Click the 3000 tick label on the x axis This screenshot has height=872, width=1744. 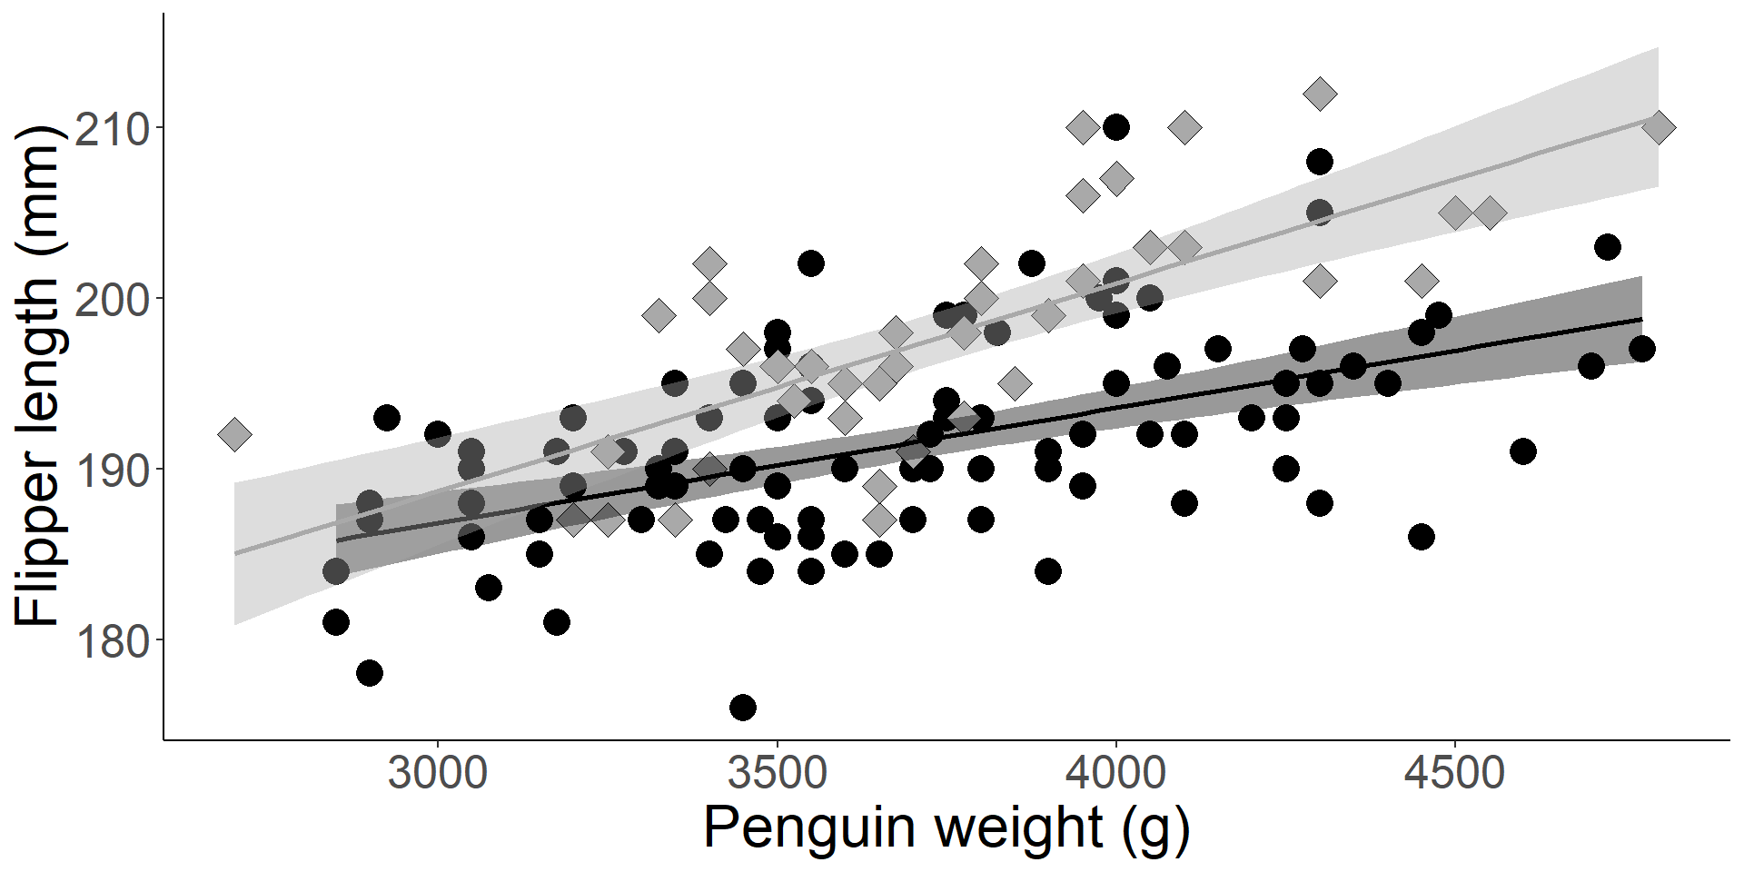438,775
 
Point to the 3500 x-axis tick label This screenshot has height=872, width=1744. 777,775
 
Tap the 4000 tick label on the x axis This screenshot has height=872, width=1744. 1115,775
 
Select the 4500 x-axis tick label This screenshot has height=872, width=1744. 1455,775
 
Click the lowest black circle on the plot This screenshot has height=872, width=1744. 743,707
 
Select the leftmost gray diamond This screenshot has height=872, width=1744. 234,434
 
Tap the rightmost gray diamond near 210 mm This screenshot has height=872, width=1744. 1658,127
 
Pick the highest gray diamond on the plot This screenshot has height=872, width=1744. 1320,93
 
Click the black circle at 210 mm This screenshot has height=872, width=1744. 1116,127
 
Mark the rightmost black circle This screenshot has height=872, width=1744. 1641,349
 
